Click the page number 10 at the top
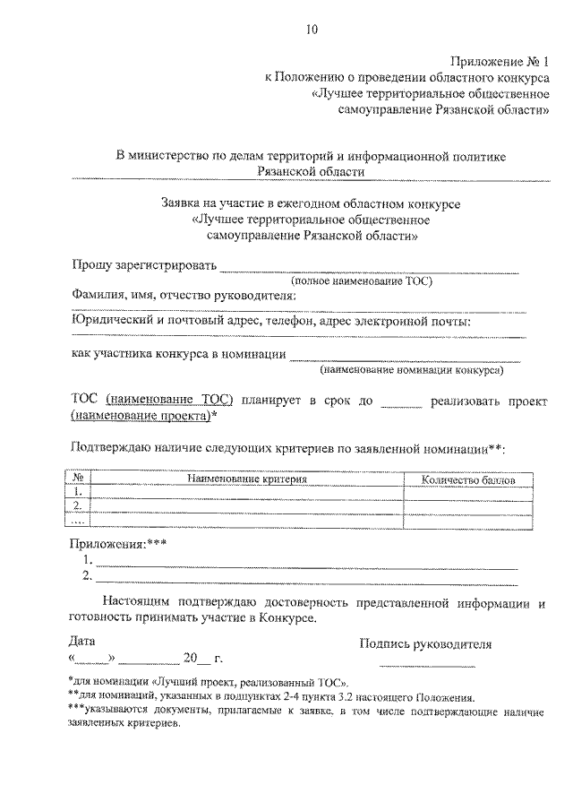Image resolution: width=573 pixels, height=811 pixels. tap(311, 30)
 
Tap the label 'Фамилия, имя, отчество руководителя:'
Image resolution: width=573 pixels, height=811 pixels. tap(184, 296)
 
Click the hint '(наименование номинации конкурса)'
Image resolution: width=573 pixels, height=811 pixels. tap(411, 367)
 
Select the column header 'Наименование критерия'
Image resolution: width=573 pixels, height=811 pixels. tap(247, 479)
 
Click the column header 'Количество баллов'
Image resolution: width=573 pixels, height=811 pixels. tap(468, 479)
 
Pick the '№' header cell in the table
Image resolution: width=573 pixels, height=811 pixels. tap(78, 479)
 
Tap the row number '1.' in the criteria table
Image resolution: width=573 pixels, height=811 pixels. tap(78, 492)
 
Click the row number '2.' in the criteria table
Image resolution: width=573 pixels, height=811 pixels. tap(78, 505)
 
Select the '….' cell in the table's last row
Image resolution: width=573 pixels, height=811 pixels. tap(78, 519)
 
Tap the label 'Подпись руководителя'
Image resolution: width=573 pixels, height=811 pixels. tap(425, 643)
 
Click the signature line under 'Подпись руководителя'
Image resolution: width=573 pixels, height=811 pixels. tap(427, 666)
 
